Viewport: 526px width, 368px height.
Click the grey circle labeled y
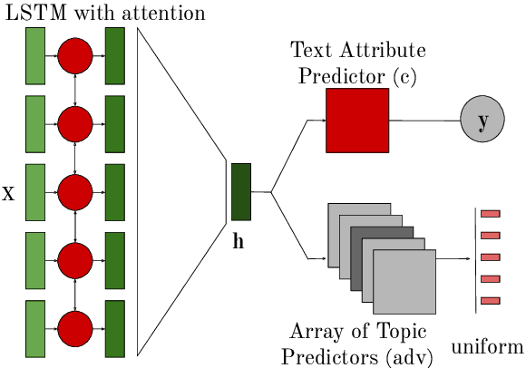482,121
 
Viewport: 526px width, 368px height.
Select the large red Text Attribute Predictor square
357,121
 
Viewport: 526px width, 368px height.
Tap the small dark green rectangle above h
240,192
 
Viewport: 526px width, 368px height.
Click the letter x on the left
9,193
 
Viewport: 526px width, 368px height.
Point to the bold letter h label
239,242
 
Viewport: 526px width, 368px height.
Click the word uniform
488,346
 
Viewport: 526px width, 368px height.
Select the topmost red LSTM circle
75,56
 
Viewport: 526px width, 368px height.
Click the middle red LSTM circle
75,192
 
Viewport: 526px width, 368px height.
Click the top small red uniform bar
491,214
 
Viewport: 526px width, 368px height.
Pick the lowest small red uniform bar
491,300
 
